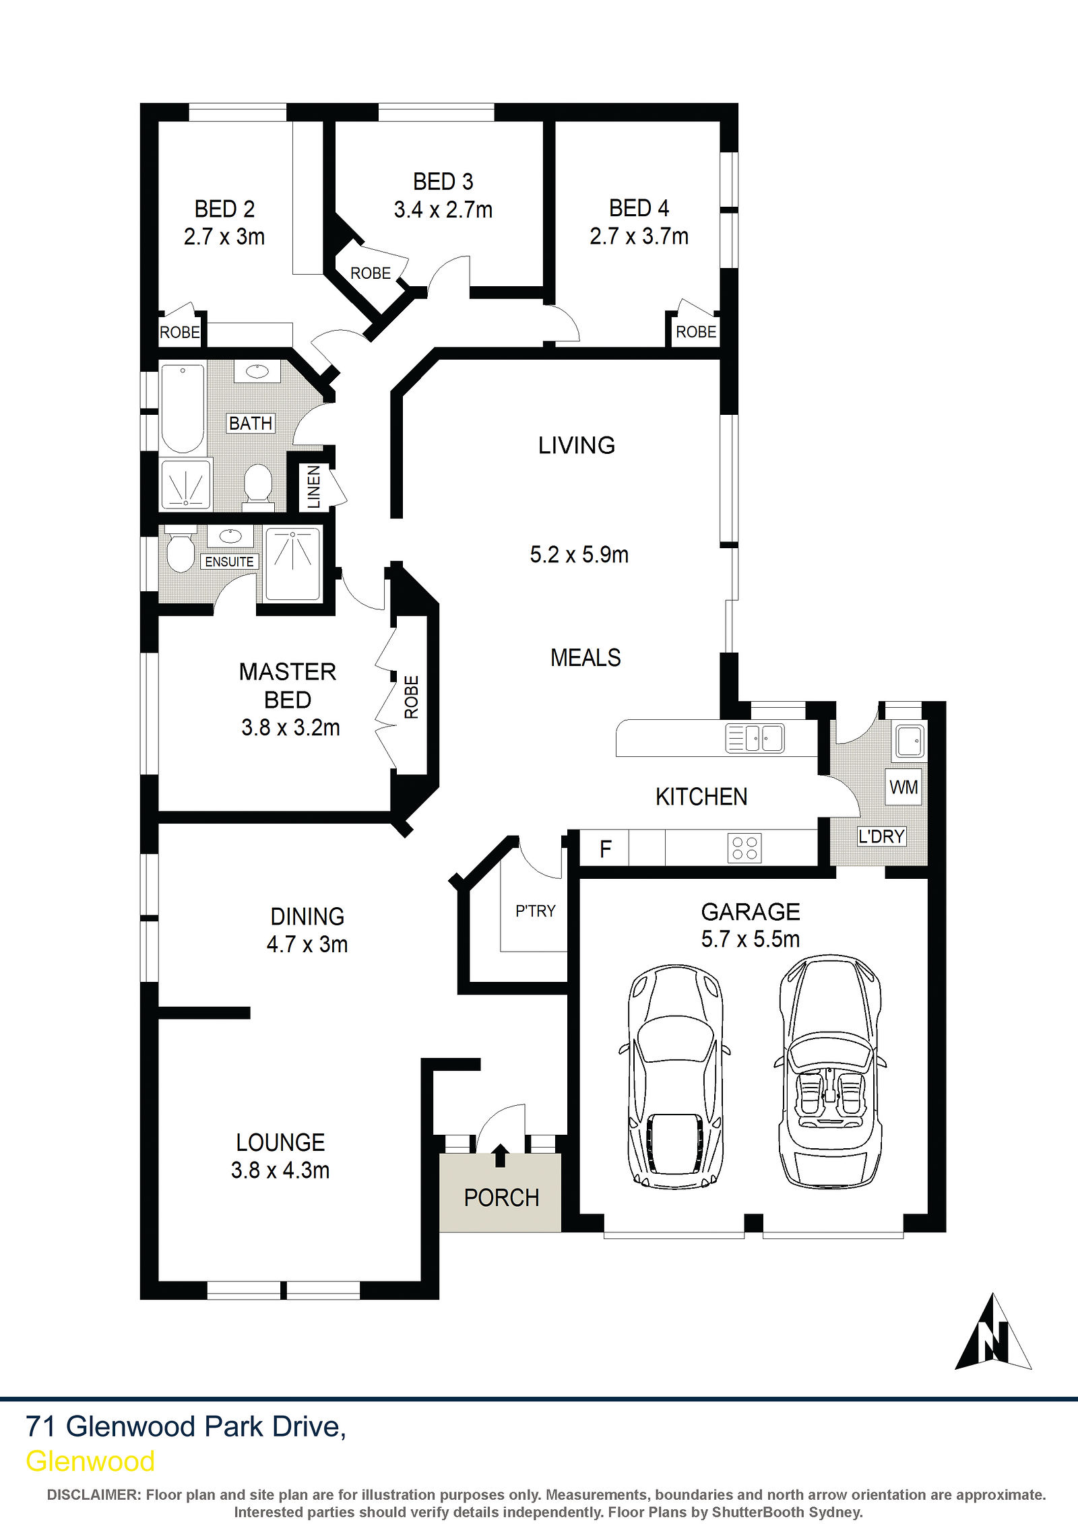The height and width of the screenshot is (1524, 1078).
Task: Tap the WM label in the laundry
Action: point(903,787)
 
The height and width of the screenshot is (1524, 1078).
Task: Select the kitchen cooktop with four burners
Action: point(744,848)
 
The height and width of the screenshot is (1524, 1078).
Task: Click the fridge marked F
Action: point(605,848)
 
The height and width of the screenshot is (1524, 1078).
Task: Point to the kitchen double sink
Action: point(755,737)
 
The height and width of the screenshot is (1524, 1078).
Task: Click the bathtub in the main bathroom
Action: point(183,409)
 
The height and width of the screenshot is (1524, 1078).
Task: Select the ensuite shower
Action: point(292,564)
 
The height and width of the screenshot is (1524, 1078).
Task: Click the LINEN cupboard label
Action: point(314,486)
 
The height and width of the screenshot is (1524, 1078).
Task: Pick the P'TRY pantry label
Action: point(536,911)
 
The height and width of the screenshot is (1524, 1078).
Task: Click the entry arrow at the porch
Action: point(500,1155)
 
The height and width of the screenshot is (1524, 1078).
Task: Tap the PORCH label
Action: point(502,1198)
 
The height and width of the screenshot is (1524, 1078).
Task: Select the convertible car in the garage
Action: point(830,1071)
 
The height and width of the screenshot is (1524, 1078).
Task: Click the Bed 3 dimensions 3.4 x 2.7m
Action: point(443,210)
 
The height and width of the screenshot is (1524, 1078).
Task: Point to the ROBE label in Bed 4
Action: point(696,332)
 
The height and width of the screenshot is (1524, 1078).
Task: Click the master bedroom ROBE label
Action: point(411,697)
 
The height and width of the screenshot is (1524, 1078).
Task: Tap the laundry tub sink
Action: point(909,740)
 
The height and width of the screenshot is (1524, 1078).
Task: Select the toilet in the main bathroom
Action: point(257,483)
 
